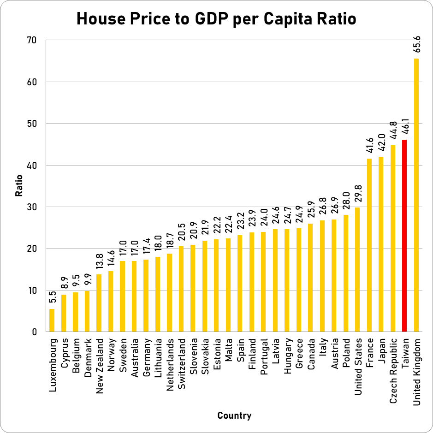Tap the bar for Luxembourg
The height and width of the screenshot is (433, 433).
click(52, 320)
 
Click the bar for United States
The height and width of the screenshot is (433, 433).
click(357, 270)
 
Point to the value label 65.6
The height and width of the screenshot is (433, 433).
click(417, 46)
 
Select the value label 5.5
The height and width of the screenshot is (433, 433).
click(52, 297)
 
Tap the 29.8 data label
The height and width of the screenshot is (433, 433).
click(357, 195)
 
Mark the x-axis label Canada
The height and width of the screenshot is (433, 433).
click(311, 352)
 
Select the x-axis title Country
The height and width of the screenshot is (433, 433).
click(234, 416)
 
